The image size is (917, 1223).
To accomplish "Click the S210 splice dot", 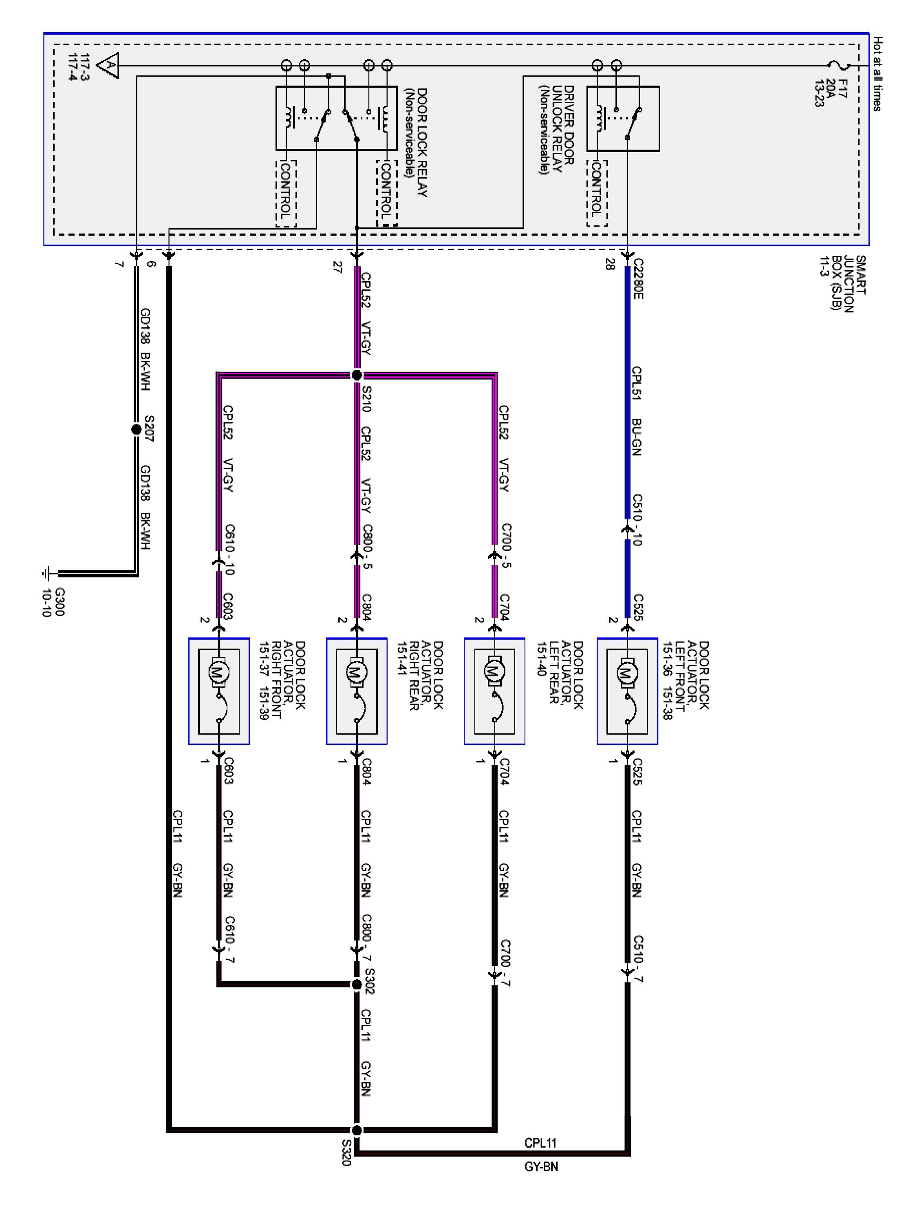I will pos(357,375).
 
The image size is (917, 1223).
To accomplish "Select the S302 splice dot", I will pos(357,984).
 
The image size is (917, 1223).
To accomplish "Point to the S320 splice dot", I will pos(357,1130).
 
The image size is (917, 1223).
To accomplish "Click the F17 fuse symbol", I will pos(842,66).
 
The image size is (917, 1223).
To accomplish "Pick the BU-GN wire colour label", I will pos(636,437).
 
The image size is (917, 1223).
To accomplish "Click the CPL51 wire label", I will pos(636,383).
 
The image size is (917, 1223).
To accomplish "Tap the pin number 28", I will pos(610,266).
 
